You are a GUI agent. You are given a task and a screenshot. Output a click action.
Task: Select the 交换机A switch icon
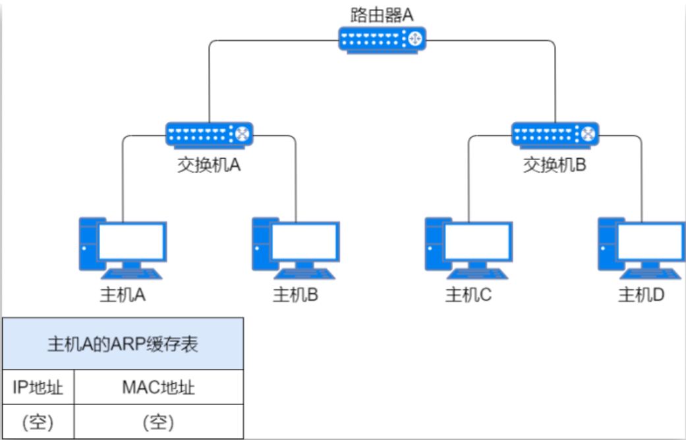(209, 135)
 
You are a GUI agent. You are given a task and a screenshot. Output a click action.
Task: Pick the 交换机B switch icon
(556, 135)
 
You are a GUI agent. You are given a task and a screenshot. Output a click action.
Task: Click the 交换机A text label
(209, 165)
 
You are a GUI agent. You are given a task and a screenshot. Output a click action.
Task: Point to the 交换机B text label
(555, 165)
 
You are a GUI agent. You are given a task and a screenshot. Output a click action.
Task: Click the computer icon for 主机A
(123, 246)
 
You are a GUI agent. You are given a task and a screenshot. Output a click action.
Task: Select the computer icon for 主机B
(296, 246)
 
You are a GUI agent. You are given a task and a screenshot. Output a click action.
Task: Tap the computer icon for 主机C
(469, 246)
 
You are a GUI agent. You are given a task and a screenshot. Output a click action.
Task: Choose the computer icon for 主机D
(641, 246)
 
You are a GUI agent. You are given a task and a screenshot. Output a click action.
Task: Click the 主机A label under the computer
(123, 295)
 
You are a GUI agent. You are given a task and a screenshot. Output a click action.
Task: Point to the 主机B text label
(296, 295)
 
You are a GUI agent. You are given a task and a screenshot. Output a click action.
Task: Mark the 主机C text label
(469, 295)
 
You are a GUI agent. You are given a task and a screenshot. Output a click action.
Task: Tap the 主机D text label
(641, 295)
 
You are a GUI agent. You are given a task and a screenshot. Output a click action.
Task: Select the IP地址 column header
(38, 387)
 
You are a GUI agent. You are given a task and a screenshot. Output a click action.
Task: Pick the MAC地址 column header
(159, 387)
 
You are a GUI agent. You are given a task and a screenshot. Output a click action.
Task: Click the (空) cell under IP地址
(38, 422)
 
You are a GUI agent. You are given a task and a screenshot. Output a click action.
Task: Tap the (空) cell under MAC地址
(159, 422)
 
